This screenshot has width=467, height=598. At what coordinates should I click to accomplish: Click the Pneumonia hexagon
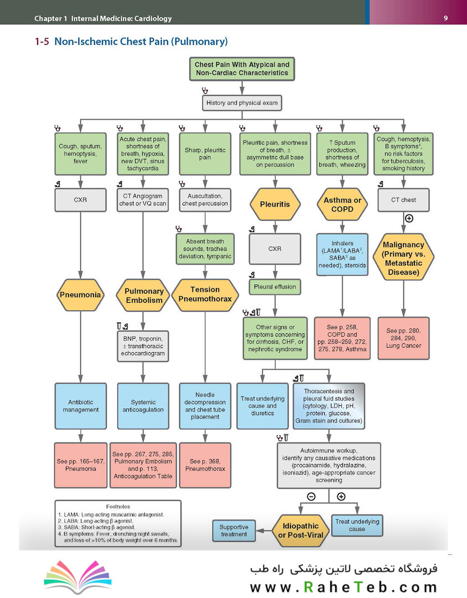click(80, 295)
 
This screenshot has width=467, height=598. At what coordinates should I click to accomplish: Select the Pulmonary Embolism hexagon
click(144, 296)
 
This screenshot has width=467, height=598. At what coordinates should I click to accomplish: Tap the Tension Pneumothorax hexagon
click(205, 295)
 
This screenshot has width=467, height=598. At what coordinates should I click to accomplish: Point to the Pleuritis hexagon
click(275, 204)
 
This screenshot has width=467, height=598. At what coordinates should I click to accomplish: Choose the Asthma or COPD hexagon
click(343, 204)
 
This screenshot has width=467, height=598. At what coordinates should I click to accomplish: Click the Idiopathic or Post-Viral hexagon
click(300, 530)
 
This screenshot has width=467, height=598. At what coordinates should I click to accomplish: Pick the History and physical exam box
click(242, 103)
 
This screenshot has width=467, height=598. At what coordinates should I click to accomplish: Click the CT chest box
click(403, 200)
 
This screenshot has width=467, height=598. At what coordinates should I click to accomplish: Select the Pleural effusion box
click(275, 287)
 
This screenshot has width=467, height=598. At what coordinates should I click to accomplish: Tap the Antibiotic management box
click(80, 406)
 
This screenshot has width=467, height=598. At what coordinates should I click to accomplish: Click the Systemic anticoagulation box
click(143, 406)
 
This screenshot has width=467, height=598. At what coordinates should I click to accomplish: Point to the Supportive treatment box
click(233, 530)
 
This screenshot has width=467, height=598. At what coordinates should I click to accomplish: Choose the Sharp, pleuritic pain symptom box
click(205, 154)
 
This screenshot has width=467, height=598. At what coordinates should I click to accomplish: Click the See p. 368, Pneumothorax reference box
click(205, 465)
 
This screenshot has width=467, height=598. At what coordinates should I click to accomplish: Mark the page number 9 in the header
click(445, 18)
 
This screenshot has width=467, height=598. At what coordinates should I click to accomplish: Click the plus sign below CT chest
click(409, 219)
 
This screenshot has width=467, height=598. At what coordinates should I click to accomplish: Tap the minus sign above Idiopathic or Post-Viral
click(311, 497)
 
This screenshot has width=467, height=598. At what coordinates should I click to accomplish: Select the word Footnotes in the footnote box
click(118, 507)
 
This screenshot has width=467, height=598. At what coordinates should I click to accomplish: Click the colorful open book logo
click(78, 576)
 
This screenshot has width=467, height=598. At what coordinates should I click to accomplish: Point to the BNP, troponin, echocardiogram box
click(143, 346)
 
